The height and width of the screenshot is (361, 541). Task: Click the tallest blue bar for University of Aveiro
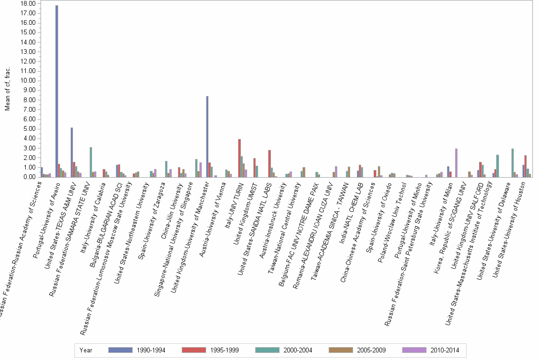[57, 91]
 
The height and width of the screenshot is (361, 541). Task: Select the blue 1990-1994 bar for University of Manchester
[207, 137]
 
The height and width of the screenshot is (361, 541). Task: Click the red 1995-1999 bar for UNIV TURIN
[239, 158]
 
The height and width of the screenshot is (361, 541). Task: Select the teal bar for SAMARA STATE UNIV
[91, 162]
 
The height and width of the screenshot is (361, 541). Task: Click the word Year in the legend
[86, 350]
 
